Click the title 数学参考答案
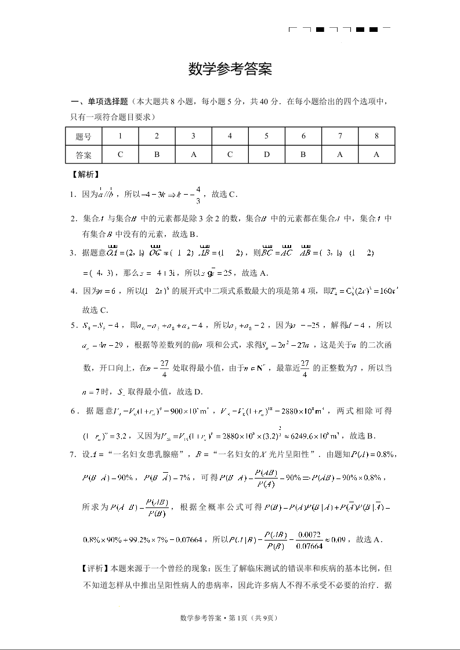[230, 70]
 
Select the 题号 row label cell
[84, 137]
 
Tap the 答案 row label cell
[84, 155]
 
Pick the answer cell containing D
[266, 155]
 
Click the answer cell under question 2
[157, 155]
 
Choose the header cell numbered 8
[376, 137]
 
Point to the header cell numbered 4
[230, 137]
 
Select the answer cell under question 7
[340, 155]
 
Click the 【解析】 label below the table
[85, 174]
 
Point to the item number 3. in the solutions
[74, 253]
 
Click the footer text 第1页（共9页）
[254, 618]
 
